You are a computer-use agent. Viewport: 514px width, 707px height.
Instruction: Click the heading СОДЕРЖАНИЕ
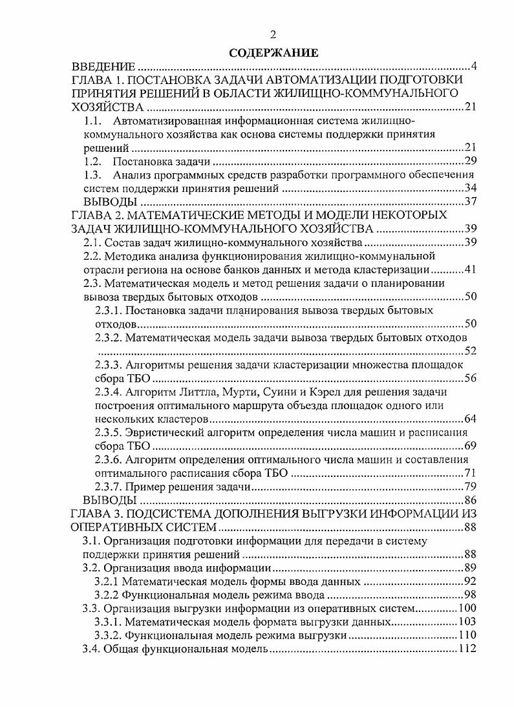[273, 53]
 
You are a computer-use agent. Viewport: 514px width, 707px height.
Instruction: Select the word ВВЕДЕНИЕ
[103, 67]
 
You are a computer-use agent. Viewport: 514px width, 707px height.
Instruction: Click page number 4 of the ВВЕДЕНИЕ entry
[473, 67]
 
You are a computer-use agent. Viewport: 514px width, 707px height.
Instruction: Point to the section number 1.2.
[94, 161]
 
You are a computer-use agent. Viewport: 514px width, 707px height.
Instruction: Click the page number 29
[470, 161]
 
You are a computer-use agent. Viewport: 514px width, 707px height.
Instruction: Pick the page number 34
[470, 188]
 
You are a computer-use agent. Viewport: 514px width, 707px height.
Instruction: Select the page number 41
[470, 269]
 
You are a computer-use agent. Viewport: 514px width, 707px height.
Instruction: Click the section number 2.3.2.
[107, 337]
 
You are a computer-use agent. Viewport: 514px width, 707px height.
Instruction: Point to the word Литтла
[196, 392]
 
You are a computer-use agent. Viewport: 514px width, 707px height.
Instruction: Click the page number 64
[470, 419]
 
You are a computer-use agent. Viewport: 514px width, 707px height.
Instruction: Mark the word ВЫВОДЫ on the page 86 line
[110, 500]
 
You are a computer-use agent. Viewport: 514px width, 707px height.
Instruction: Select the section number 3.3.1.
[107, 622]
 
